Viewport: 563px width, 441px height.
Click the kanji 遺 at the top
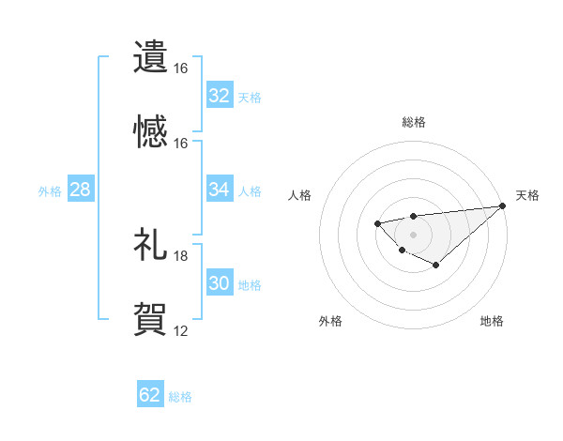click(151, 56)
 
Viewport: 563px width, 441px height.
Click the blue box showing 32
click(220, 96)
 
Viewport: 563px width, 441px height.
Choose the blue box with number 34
click(220, 190)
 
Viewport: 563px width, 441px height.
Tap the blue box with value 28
click(81, 190)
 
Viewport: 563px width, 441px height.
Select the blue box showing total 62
click(150, 395)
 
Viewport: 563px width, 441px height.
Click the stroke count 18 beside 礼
click(181, 256)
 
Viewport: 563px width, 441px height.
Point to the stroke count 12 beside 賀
click(181, 330)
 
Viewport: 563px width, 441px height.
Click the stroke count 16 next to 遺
click(181, 68)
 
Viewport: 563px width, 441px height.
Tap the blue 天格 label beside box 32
click(250, 97)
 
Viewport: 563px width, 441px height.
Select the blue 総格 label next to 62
click(180, 397)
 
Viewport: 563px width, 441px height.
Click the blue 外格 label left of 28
click(50, 191)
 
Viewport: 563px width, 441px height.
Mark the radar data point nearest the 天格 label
click(504, 205)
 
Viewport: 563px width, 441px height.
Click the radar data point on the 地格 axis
click(436, 266)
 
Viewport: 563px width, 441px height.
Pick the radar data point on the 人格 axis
click(376, 222)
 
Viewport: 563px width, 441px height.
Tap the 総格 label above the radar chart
click(413, 122)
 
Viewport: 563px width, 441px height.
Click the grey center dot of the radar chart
click(413, 234)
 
